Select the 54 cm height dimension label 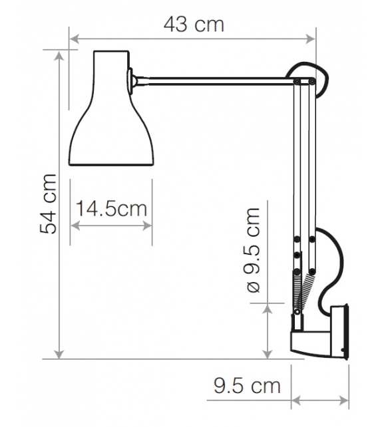48,204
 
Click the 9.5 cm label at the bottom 247,384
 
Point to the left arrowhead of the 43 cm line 73,39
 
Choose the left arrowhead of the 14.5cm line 73,226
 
